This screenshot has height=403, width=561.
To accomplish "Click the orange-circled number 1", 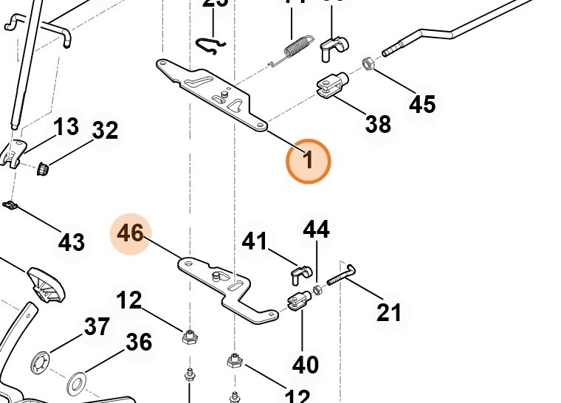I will pos(309,160).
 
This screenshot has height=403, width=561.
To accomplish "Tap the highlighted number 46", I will pos(130,233).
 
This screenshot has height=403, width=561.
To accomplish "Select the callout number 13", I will pos(66,127).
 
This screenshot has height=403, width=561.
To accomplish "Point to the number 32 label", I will pos(105,131).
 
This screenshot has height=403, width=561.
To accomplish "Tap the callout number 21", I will pos(389,312).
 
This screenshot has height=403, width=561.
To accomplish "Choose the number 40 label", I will pos(306,364).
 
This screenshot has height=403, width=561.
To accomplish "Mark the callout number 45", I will pos(422,104).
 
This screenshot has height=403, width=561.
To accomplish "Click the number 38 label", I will pos(378,123).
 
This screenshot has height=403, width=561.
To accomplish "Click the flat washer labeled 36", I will pos(75,385).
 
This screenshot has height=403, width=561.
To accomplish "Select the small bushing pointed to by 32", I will pos(43,169).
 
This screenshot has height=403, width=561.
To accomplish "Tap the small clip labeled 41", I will pos(297,275).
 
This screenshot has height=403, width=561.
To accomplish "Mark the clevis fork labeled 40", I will pos(297,301).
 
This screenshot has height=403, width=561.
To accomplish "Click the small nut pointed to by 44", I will pos(317,289).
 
